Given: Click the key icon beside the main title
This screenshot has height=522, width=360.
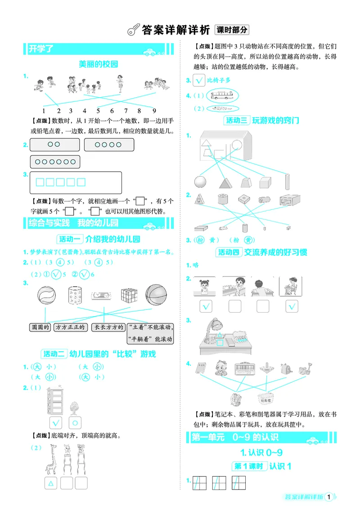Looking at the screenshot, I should point(133,30).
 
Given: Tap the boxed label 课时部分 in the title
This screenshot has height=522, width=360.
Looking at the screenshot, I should point(232,30).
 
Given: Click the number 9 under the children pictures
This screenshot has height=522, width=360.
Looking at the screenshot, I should point(154,111).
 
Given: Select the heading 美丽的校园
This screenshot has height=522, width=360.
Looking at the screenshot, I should point(98,64).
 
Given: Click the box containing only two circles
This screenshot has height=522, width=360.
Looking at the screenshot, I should point(54,145).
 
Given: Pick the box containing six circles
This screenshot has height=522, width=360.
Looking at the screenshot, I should point(55,162).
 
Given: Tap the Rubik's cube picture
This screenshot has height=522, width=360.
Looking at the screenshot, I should point(129,295).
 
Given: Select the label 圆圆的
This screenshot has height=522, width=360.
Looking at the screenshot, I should point(39,327).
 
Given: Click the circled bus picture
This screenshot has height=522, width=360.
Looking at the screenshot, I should point(222,95).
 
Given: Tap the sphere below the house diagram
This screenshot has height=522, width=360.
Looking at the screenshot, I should point(200,182).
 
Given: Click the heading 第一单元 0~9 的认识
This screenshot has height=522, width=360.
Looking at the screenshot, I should point(234,437).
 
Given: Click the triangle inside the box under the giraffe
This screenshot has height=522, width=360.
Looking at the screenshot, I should point(51,483).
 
